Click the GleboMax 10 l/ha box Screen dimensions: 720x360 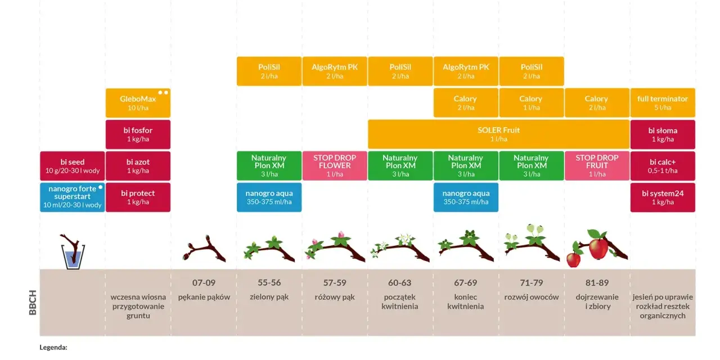click(138, 103)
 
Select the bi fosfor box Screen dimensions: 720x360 click(138, 134)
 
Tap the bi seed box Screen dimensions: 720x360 click(73, 166)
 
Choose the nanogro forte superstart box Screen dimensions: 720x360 click(73, 197)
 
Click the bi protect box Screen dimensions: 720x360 click(138, 197)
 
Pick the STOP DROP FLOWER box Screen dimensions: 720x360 click(335, 166)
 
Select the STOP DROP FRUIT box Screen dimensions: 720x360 click(597, 166)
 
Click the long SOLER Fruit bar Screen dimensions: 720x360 click(498, 134)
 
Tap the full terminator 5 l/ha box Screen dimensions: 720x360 click(663, 103)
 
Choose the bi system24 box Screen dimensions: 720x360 click(663, 197)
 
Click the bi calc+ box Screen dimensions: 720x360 click(663, 166)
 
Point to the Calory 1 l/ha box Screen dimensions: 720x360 click(532, 103)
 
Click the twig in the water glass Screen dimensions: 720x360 click(73, 247)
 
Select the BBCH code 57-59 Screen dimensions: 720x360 click(335, 282)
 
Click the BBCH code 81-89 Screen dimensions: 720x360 click(597, 282)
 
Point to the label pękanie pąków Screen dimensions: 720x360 click(204, 298)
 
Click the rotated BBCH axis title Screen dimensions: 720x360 click(33, 303)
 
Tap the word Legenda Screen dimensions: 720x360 click(53, 348)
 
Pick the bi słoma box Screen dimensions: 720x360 click(663, 134)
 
